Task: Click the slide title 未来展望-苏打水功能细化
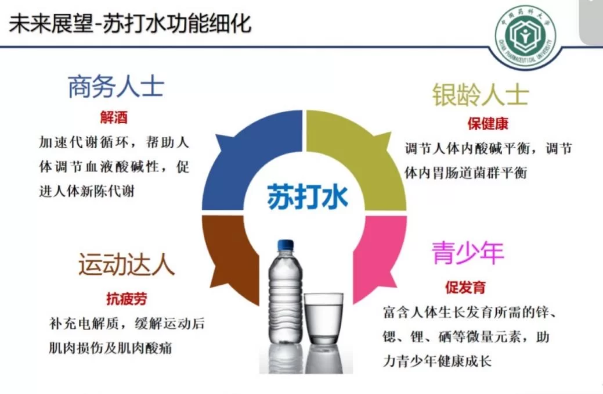click(130, 24)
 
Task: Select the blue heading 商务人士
click(115, 88)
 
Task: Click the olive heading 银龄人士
click(481, 94)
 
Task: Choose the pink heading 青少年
click(468, 253)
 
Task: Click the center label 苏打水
click(307, 196)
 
